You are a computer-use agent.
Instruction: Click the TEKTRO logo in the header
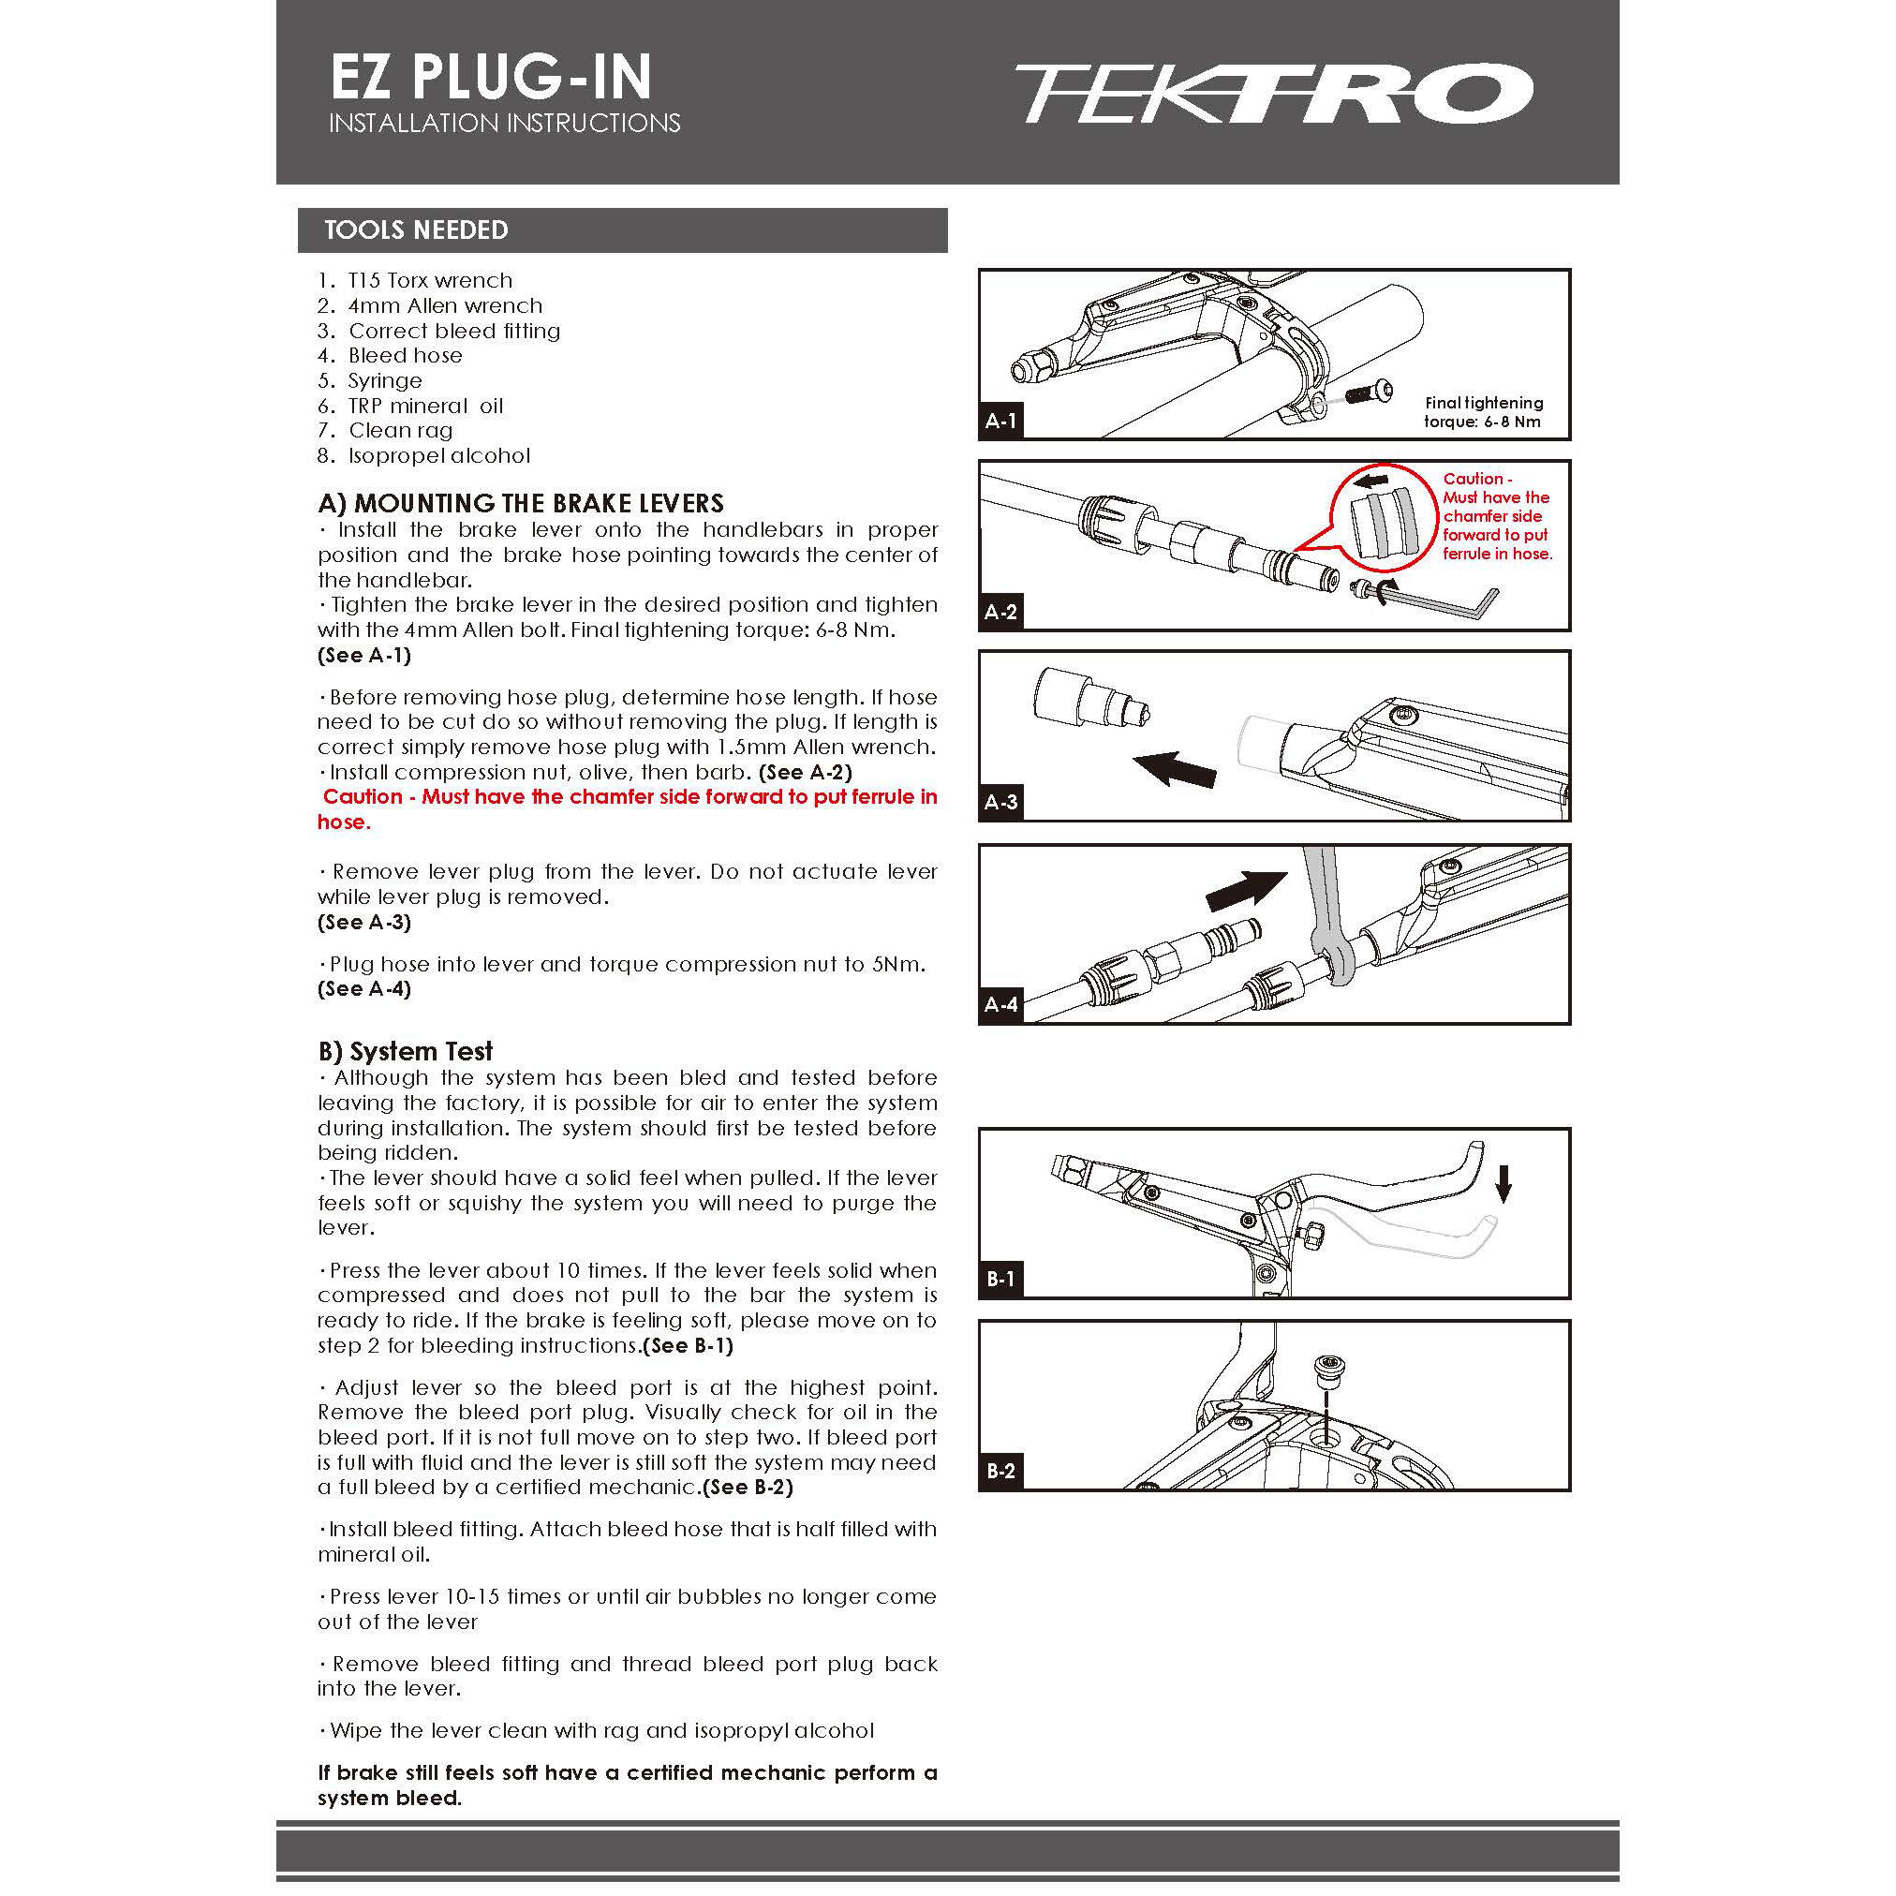(x=1272, y=95)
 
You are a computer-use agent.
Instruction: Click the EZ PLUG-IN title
(x=491, y=78)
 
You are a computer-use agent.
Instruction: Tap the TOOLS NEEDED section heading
(x=416, y=230)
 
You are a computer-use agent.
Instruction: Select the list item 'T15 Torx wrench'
(x=429, y=281)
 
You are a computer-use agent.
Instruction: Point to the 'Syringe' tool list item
(x=384, y=380)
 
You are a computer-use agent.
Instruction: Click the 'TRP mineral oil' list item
(x=424, y=407)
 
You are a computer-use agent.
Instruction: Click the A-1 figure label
(x=1001, y=422)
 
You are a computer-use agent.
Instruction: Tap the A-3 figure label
(x=1001, y=802)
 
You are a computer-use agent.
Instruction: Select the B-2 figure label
(x=1001, y=1471)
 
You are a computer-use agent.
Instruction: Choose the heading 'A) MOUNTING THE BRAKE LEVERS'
(x=521, y=503)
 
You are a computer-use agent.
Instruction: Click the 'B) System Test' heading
(x=405, y=1051)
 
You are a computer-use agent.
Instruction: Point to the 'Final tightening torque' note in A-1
(x=1483, y=412)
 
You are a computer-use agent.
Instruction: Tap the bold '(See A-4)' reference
(x=364, y=989)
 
